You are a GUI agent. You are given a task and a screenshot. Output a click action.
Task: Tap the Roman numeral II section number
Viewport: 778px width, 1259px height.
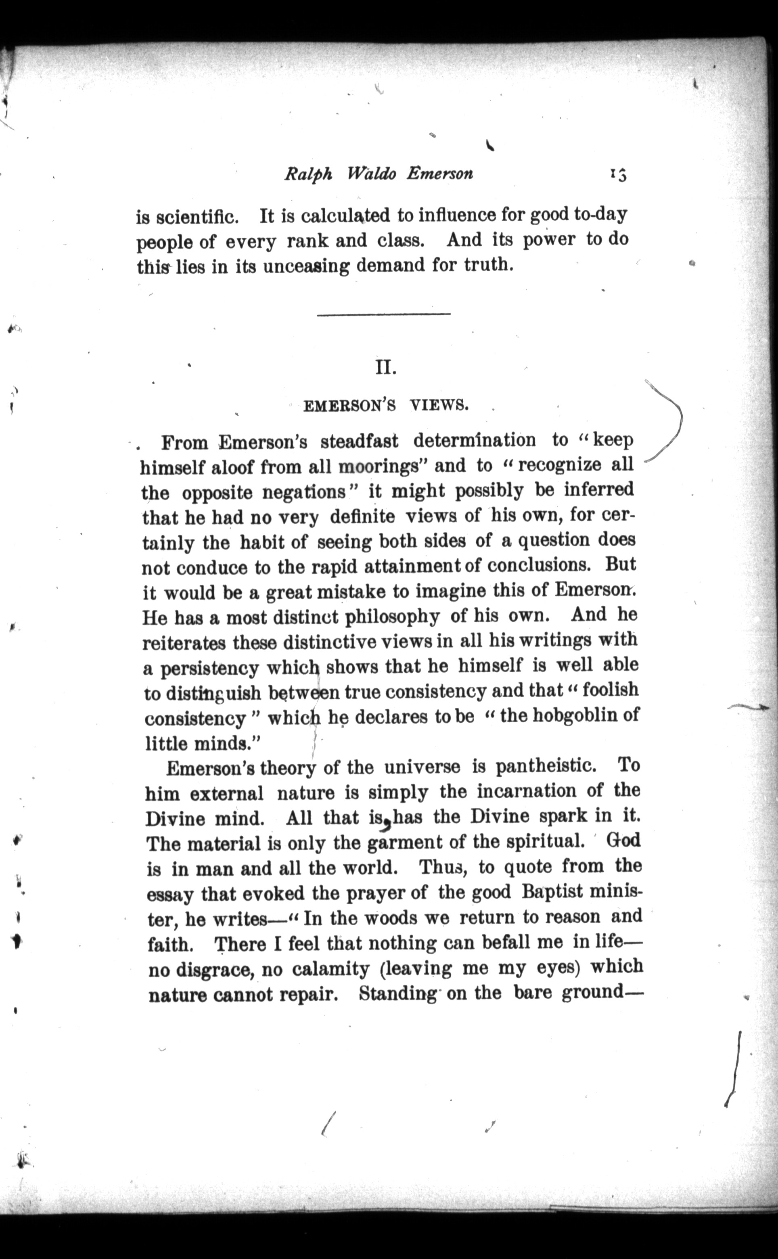385,368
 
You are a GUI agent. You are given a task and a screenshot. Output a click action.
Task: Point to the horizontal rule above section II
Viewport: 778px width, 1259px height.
383,314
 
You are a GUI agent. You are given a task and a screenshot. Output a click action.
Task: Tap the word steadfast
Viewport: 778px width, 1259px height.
359,441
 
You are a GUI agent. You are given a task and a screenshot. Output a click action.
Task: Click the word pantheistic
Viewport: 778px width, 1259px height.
546,767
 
